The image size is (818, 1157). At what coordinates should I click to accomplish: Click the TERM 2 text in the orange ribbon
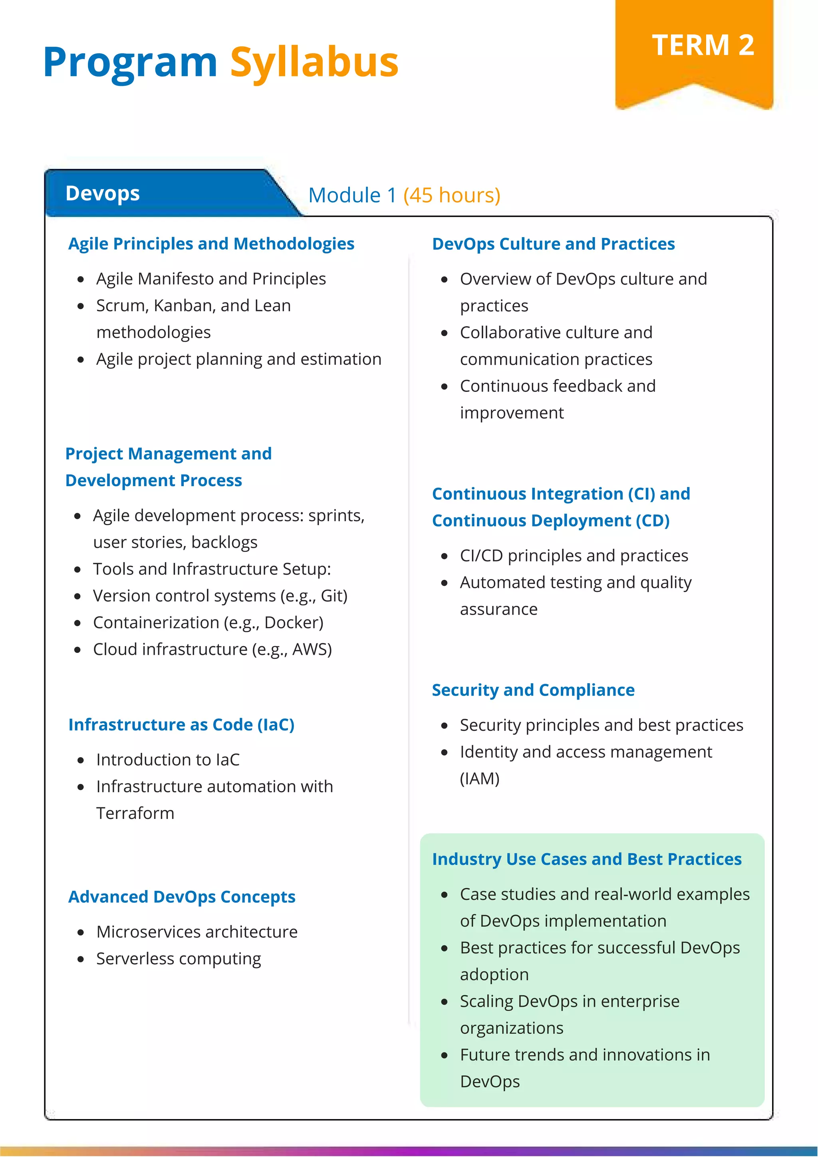[x=703, y=45]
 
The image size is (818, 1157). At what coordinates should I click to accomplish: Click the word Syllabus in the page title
[x=314, y=63]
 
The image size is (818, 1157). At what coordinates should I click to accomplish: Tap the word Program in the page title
[x=130, y=63]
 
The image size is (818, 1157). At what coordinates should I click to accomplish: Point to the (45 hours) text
[x=451, y=196]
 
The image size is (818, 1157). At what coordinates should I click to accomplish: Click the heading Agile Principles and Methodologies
[x=211, y=244]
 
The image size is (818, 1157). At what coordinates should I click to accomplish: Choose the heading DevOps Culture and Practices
[x=553, y=244]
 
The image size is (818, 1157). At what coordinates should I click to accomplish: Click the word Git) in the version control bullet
[x=334, y=596]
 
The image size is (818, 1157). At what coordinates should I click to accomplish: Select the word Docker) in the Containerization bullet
[x=294, y=623]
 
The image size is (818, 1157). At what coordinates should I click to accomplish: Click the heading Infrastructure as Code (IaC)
[x=181, y=725]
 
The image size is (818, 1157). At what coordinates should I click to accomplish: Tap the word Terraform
[x=135, y=813]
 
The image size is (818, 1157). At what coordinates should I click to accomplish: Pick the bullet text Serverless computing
[x=179, y=959]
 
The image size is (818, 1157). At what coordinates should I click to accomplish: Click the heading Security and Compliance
[x=533, y=690]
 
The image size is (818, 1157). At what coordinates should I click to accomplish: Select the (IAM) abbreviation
[x=479, y=779]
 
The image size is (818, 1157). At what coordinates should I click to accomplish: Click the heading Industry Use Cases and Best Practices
[x=586, y=859]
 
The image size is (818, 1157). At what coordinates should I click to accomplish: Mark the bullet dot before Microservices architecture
[x=81, y=932]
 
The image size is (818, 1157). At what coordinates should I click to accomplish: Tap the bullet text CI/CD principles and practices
[x=574, y=556]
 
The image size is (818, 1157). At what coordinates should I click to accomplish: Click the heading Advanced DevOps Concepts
[x=182, y=897]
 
